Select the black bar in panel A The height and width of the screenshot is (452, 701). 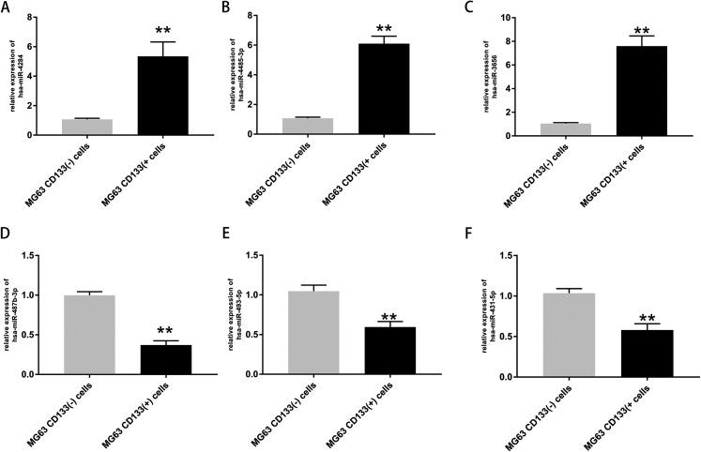click(162, 95)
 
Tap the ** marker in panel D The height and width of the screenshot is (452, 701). click(166, 331)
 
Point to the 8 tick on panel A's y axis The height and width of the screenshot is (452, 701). click(30, 18)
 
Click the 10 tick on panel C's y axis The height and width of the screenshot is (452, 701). click(507, 18)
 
